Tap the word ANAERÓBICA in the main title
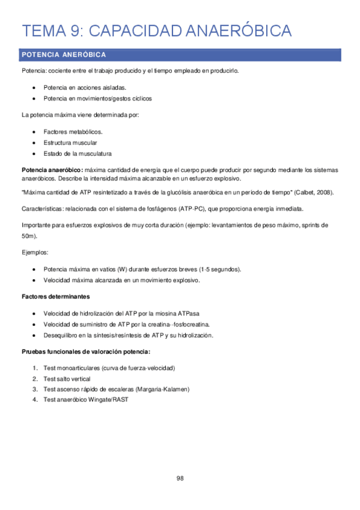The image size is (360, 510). (247, 31)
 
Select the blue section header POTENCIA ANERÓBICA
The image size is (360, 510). (64, 55)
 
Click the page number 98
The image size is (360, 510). (180, 478)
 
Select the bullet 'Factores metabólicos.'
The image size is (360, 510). (73, 131)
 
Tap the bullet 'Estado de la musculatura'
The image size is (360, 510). (77, 153)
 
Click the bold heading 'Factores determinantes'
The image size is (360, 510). (56, 296)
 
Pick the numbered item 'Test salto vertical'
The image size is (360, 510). (67, 379)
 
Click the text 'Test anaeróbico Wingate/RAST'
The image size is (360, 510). (86, 400)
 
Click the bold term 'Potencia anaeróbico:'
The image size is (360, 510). (52, 170)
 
